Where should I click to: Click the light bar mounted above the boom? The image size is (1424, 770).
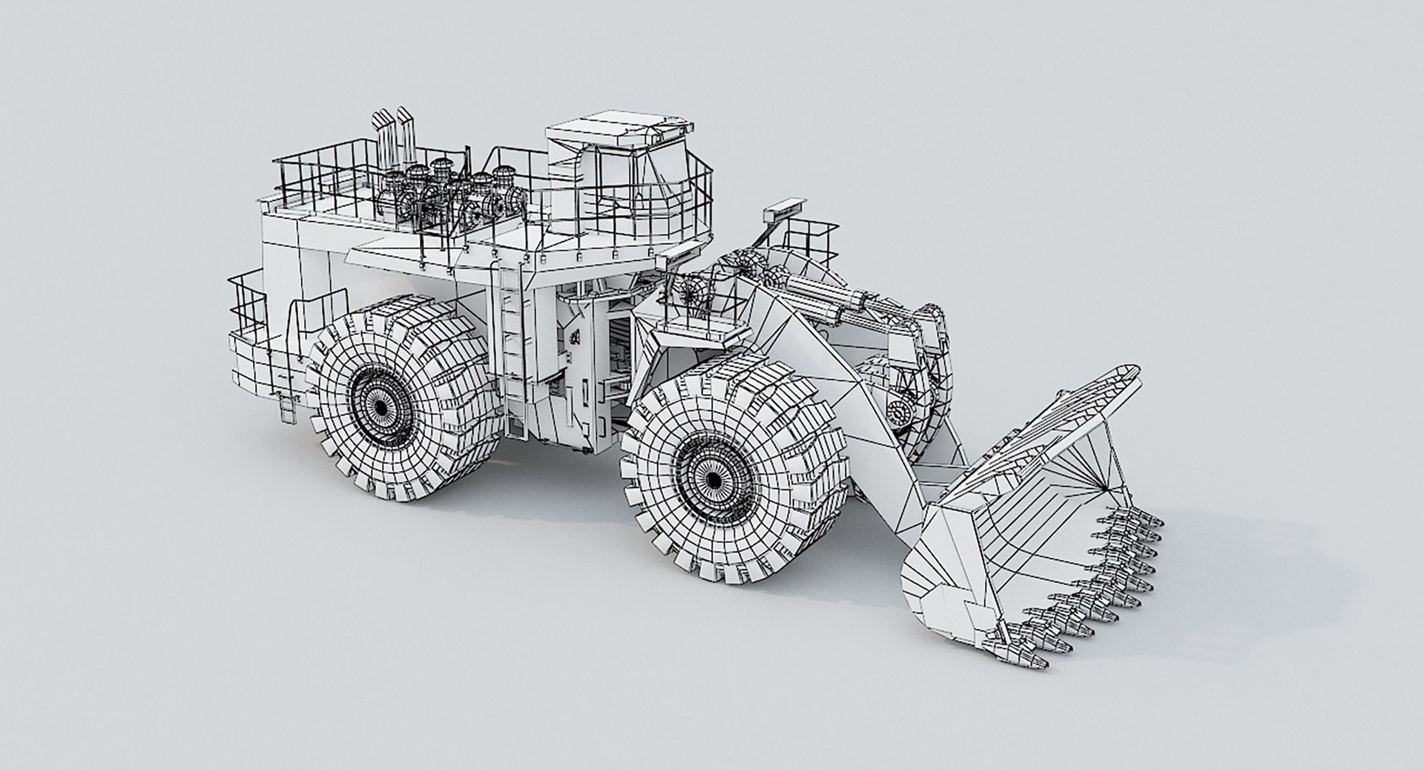click(x=785, y=208)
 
